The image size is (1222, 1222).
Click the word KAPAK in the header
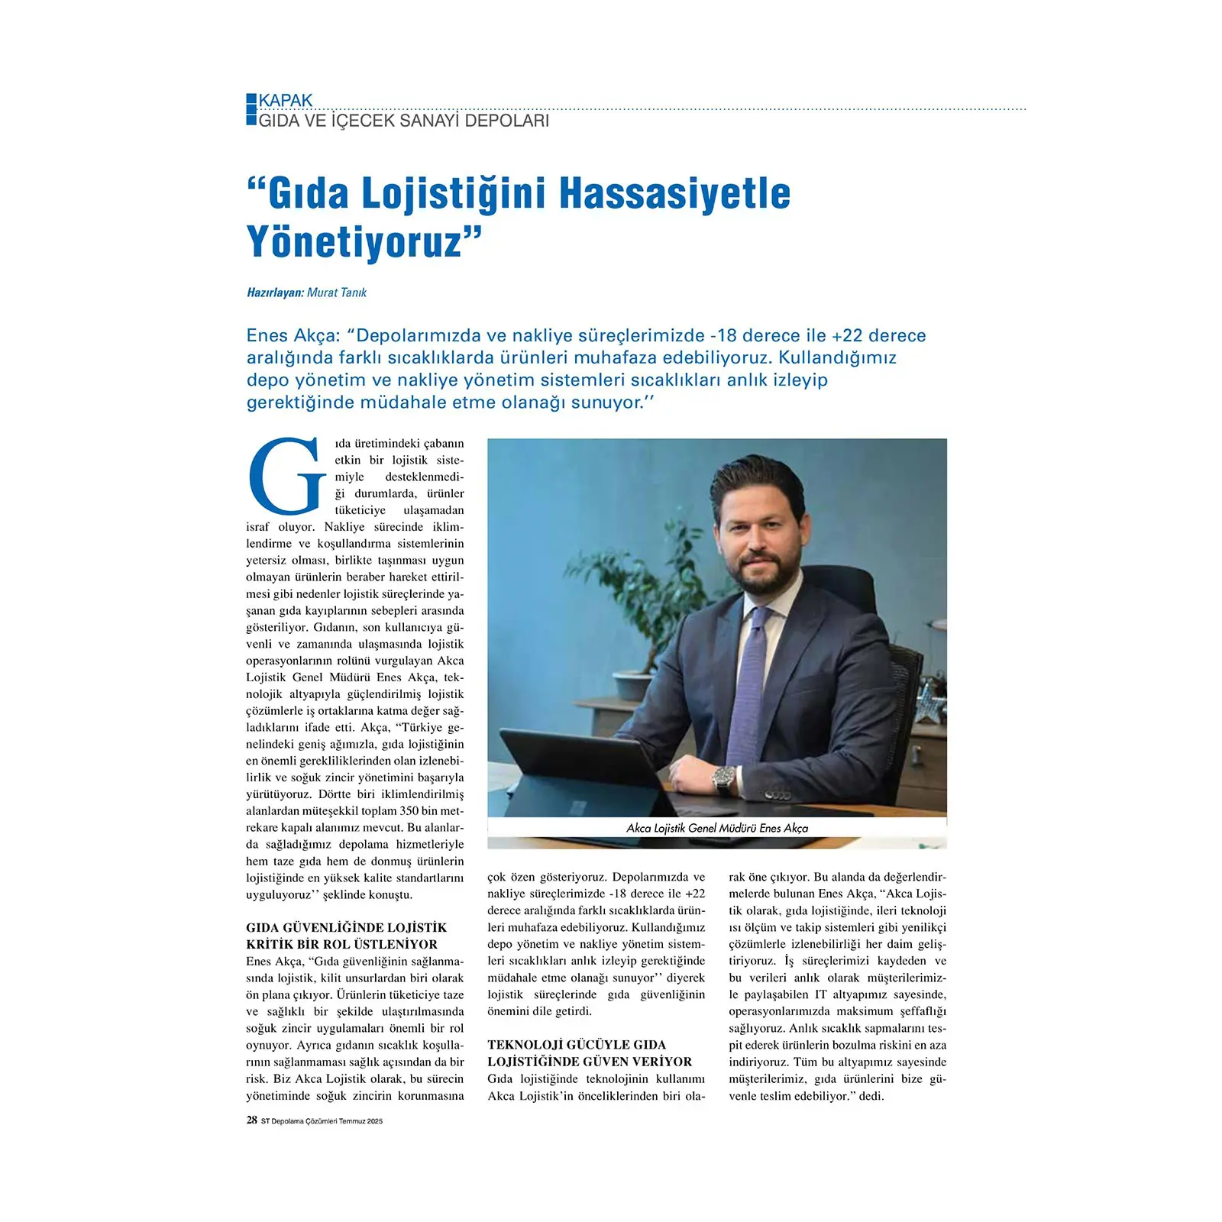point(286,101)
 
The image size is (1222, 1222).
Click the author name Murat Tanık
point(337,293)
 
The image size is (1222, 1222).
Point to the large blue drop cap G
point(287,476)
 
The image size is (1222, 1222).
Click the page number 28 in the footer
point(252,1120)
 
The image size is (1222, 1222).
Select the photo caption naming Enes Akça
point(716,828)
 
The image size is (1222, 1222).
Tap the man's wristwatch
point(723,780)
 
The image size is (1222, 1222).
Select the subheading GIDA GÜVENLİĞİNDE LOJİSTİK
point(346,928)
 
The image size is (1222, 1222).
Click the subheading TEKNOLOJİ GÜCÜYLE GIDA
point(577,1045)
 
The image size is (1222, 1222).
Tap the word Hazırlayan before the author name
point(275,293)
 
